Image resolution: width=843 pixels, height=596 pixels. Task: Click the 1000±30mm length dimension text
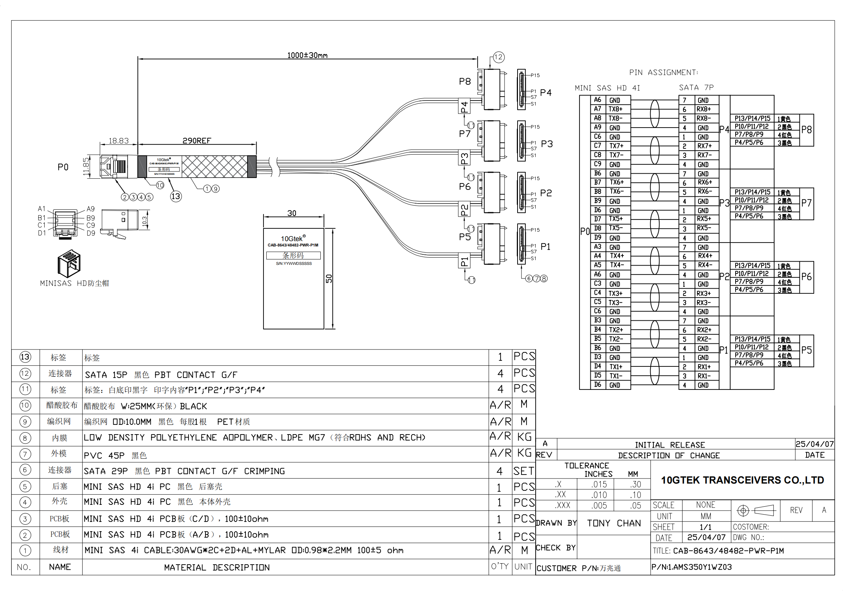pyautogui.click(x=307, y=55)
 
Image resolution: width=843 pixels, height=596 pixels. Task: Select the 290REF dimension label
pyautogui.click(x=197, y=141)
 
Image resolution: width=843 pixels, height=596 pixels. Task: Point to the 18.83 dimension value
pyautogui.click(x=119, y=141)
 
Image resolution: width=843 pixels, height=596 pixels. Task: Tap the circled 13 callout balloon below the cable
pyautogui.click(x=176, y=197)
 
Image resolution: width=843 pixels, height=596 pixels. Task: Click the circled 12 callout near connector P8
pyautogui.click(x=498, y=57)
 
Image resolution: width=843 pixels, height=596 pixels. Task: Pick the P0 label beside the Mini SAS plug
pyautogui.click(x=63, y=167)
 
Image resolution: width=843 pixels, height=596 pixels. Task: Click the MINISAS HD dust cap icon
pyautogui.click(x=69, y=263)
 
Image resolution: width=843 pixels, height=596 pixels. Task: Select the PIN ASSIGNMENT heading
pyautogui.click(x=664, y=73)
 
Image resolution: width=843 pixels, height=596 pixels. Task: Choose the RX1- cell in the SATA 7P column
pyautogui.click(x=704, y=376)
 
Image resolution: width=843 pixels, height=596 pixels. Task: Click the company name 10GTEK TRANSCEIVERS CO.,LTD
pyautogui.click(x=742, y=480)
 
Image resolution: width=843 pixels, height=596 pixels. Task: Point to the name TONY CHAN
pyautogui.click(x=613, y=523)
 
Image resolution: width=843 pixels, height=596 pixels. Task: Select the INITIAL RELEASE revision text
pyautogui.click(x=670, y=445)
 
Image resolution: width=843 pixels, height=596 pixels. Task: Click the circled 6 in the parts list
pyautogui.click(x=25, y=470)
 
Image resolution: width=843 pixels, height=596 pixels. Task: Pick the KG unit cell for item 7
pyautogui.click(x=524, y=454)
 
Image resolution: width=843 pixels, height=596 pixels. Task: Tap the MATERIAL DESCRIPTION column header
pyautogui.click(x=217, y=568)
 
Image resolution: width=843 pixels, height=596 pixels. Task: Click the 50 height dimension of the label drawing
pyautogui.click(x=329, y=279)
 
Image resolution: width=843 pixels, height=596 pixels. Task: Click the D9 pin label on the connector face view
pyautogui.click(x=91, y=233)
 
